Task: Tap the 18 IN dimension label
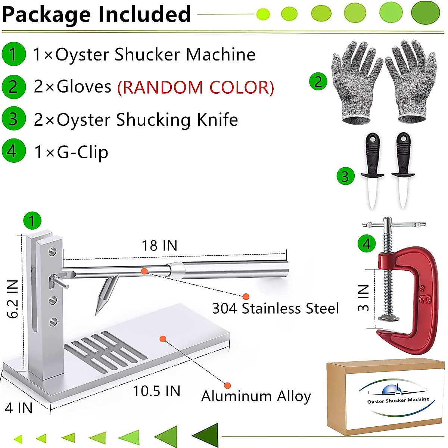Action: (159, 246)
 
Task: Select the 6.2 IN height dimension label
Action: (13, 299)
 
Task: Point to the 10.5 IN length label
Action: (157, 391)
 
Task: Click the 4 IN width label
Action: (19, 408)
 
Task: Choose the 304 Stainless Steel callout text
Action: (276, 309)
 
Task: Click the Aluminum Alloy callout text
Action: (256, 396)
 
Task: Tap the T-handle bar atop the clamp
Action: (394, 225)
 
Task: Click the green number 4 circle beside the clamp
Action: (367, 244)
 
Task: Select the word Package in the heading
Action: (46, 14)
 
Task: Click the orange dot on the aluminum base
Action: (162, 339)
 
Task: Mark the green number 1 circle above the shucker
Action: (32, 221)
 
